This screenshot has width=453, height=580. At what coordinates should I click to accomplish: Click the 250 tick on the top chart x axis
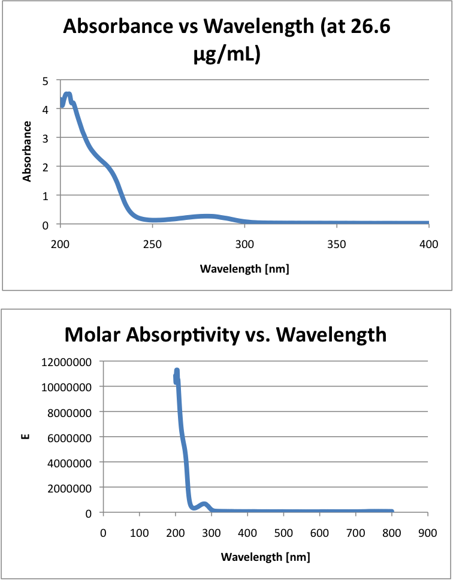(x=152, y=244)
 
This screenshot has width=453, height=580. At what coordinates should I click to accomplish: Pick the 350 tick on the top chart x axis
(x=337, y=244)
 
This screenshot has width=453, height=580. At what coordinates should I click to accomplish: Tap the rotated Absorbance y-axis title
(x=27, y=152)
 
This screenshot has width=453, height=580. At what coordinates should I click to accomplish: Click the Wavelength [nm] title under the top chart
(x=244, y=268)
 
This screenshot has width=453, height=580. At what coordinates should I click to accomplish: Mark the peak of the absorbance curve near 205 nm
(x=67, y=95)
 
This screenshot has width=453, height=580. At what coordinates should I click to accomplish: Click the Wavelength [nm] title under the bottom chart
(x=265, y=557)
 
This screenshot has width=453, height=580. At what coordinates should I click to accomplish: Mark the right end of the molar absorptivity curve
(x=392, y=511)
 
